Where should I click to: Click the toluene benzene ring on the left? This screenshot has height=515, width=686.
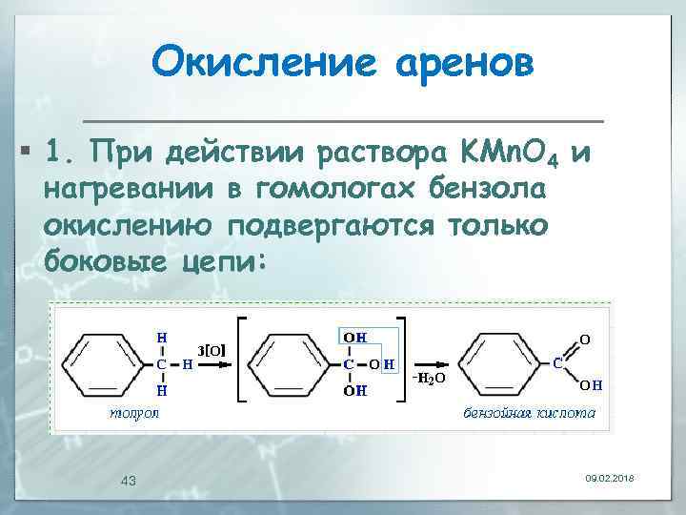[102, 364]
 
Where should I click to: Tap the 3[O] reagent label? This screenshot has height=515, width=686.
[211, 350]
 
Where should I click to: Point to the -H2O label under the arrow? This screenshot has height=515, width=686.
[428, 380]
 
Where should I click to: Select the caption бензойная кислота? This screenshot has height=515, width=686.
[530, 413]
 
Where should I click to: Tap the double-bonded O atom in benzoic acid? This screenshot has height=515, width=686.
[584, 339]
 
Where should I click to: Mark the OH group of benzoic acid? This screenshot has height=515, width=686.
[590, 386]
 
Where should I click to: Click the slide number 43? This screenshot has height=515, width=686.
[129, 480]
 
